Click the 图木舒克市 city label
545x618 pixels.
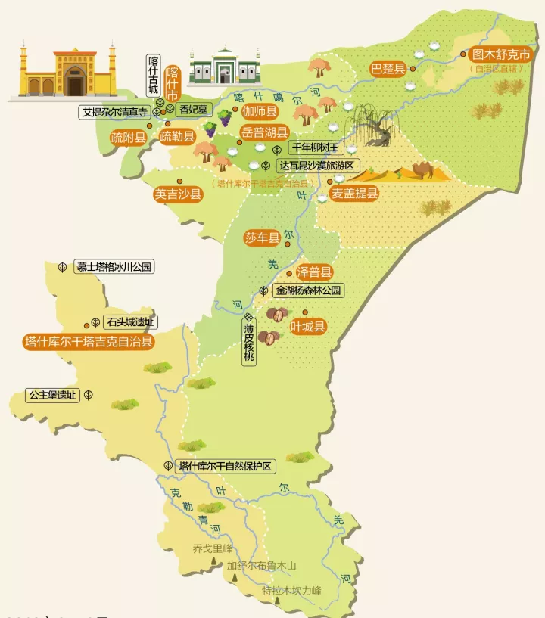(x=502, y=55)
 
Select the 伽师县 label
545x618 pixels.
(x=260, y=111)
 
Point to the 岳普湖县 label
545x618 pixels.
(x=265, y=132)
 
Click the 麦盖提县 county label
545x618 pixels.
(x=354, y=194)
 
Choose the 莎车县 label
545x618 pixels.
(x=262, y=238)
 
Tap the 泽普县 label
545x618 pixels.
(x=314, y=272)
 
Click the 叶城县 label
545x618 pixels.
(x=308, y=327)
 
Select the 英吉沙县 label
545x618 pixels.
(x=179, y=194)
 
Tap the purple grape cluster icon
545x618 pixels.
(x=226, y=117)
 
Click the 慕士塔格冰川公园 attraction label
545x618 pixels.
(x=114, y=267)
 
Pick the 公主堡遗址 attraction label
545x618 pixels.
(x=52, y=395)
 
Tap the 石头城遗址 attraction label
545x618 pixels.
(x=131, y=321)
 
